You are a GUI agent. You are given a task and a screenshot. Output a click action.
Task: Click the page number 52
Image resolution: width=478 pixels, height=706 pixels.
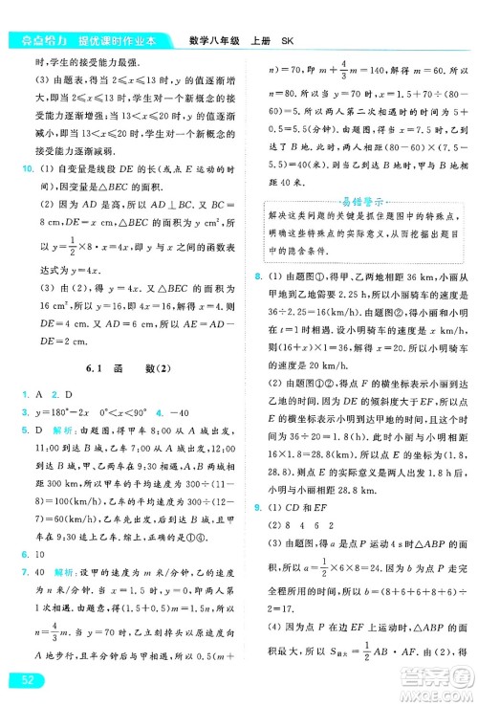click(x=21, y=678)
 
